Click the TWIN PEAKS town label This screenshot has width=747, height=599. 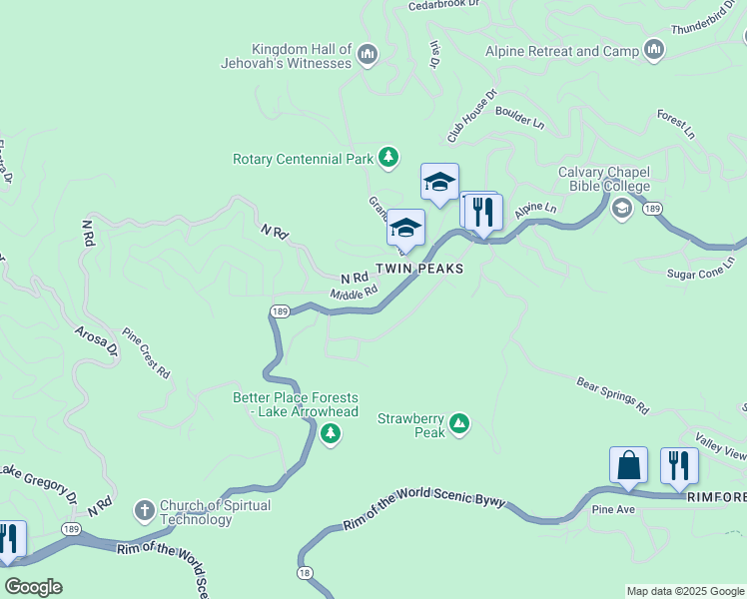click(419, 270)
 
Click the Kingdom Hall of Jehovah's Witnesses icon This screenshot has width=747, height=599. click(367, 53)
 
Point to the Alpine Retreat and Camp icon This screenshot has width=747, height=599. click(655, 49)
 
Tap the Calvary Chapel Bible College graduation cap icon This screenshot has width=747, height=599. click(621, 208)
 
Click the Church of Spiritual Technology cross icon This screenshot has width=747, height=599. click(144, 511)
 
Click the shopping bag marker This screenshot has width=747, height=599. click(628, 465)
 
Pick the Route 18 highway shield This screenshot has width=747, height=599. click(305, 572)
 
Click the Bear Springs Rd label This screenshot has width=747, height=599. click(613, 395)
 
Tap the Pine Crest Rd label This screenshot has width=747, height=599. click(146, 352)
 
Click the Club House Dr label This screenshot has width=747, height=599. click(472, 116)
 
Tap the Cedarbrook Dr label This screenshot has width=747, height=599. click(444, 6)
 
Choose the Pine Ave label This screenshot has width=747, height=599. click(613, 509)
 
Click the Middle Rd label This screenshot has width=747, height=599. click(354, 293)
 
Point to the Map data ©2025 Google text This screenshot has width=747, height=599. click(683, 591)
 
